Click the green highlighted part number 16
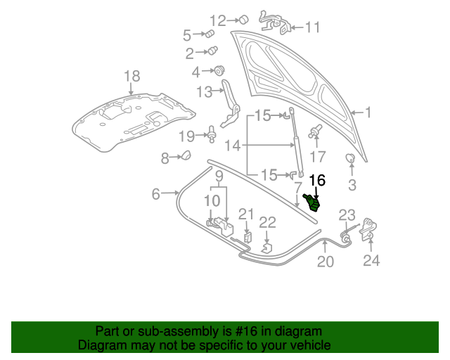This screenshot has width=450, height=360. (312, 202)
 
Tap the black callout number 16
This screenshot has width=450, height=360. (318, 181)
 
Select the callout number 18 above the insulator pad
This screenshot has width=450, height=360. (132, 76)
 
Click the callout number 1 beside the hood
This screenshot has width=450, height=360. (367, 112)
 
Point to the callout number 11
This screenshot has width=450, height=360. (312, 27)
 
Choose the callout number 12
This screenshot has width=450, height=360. (218, 20)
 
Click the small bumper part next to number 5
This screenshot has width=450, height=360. (209, 34)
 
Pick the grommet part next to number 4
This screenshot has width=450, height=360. (219, 70)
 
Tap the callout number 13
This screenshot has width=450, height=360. (204, 91)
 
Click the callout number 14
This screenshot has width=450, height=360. (233, 146)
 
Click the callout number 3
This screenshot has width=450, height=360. (352, 185)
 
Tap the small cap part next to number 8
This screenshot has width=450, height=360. (186, 156)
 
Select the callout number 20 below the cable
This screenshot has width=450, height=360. (325, 262)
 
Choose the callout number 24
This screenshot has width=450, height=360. (371, 261)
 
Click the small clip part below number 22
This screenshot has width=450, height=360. (266, 247)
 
